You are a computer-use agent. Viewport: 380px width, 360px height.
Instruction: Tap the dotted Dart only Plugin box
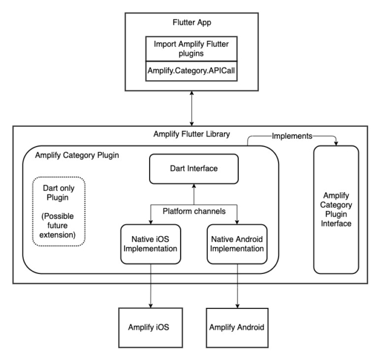58,211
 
